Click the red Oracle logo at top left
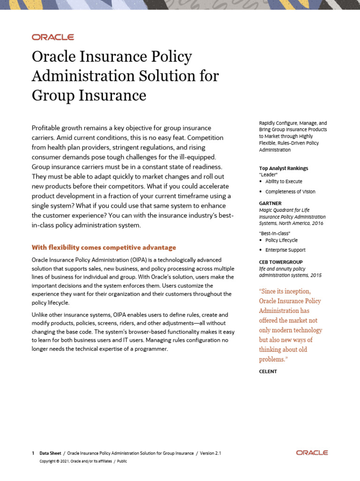click(52, 37)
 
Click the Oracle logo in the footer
click(312, 453)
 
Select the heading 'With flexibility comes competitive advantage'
click(104, 248)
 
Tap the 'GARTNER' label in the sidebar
click(270, 203)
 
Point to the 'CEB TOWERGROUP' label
click(281, 262)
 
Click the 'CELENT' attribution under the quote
click(268, 372)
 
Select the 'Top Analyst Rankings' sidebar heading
click(284, 168)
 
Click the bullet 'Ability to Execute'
click(284, 181)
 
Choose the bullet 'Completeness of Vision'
click(290, 192)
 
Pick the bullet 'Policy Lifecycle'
click(281, 240)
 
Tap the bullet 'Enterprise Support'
click(285, 250)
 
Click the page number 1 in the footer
click(33, 453)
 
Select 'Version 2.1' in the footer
click(210, 453)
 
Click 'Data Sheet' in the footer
click(50, 453)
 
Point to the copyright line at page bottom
click(83, 461)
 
